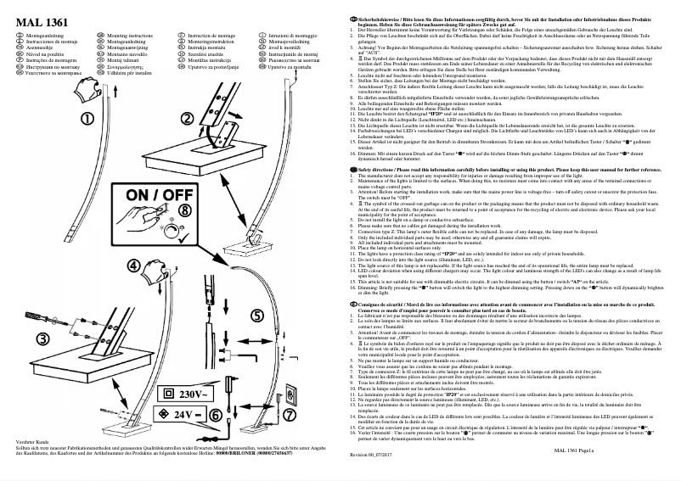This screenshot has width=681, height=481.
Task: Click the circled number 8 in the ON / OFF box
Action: click(186, 208)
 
